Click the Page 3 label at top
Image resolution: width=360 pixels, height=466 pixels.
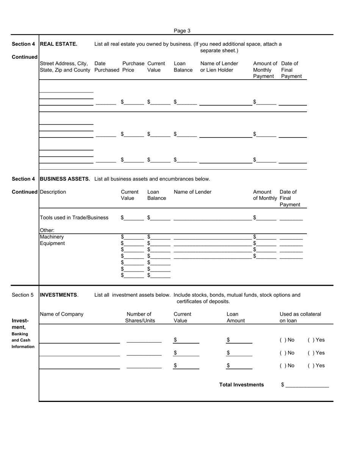tap(182, 31)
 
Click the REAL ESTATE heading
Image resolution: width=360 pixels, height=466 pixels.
tap(58, 44)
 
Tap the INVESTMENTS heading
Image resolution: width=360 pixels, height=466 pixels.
tap(59, 295)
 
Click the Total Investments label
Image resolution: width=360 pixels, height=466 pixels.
tap(241, 385)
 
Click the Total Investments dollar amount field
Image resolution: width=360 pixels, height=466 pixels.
tap(307, 385)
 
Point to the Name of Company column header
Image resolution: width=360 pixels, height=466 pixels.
tap(61, 314)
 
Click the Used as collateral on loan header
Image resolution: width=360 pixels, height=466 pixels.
tap(300, 317)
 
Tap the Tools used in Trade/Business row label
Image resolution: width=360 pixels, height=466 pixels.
tap(74, 217)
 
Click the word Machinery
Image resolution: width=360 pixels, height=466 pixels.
tap(52, 237)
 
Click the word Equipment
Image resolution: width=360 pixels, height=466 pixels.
tap(52, 243)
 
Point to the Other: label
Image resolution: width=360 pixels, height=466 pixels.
tap(47, 230)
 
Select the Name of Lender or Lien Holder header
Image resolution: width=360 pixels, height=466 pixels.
tap(219, 67)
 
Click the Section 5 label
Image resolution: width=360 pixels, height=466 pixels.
tap(23, 295)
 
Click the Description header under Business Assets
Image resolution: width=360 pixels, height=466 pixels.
tap(53, 192)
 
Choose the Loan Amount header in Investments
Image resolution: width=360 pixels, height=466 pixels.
tap(235, 317)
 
